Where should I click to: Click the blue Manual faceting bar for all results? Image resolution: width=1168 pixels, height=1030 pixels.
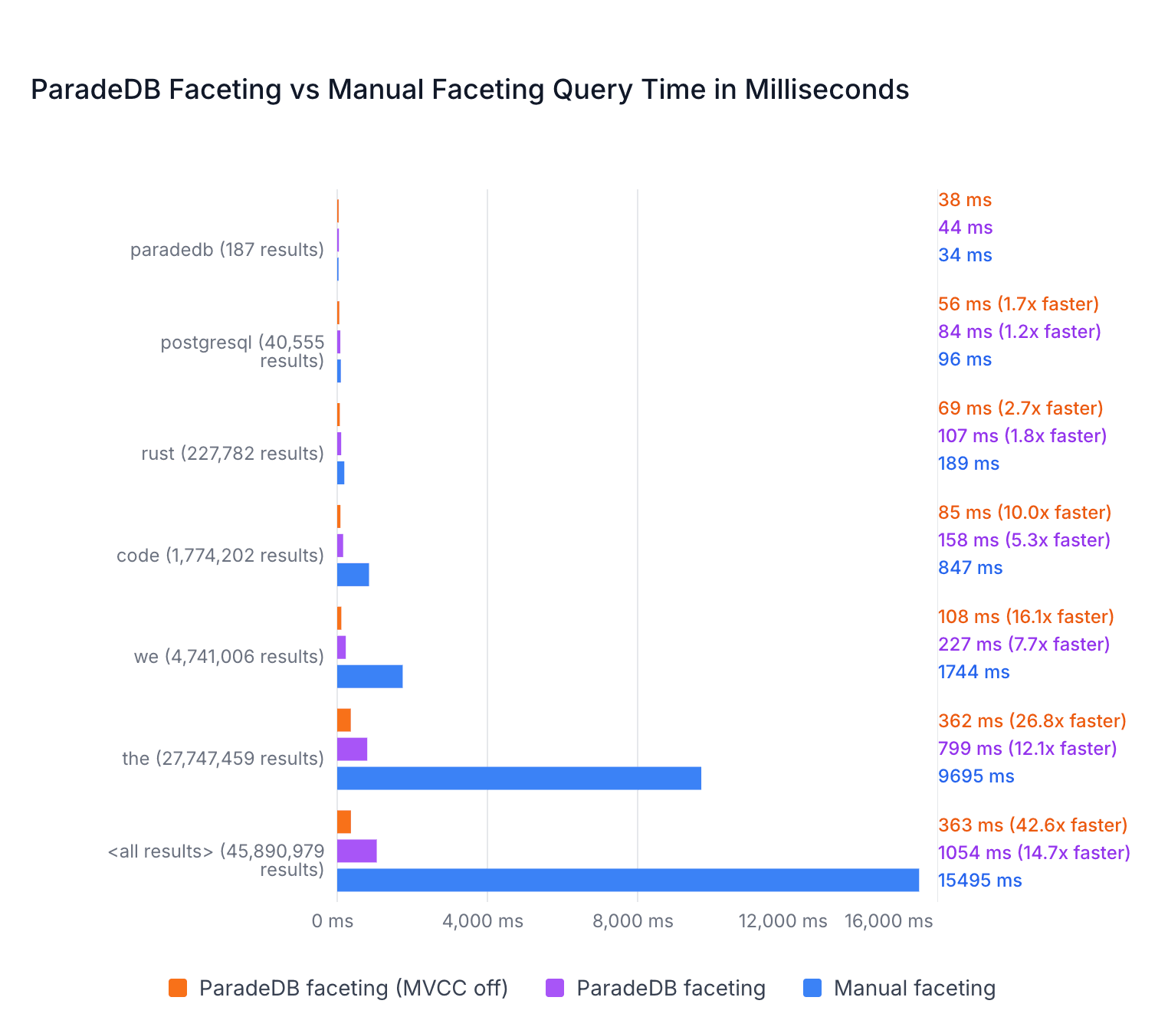pyautogui.click(x=628, y=880)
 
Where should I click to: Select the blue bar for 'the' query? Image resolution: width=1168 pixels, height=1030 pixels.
pyautogui.click(x=519, y=778)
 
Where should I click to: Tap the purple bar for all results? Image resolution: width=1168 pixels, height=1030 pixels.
pyautogui.click(x=357, y=851)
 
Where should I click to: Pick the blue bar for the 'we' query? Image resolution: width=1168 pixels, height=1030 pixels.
pyautogui.click(x=369, y=676)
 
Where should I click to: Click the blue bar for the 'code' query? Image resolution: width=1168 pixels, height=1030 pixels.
pyautogui.click(x=353, y=575)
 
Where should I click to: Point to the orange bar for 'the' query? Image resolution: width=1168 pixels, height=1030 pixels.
pyautogui.click(x=344, y=720)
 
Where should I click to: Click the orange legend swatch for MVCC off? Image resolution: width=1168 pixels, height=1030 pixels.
pyautogui.click(x=178, y=987)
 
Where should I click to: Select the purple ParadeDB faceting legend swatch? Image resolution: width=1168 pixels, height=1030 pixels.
pyautogui.click(x=555, y=987)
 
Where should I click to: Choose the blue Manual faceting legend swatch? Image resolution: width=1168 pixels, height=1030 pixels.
pyautogui.click(x=812, y=987)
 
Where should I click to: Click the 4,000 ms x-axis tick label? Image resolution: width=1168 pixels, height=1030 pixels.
pyautogui.click(x=483, y=921)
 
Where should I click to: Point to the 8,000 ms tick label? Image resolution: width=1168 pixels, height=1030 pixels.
pyautogui.click(x=632, y=921)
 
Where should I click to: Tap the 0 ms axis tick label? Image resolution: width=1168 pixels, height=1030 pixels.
pyautogui.click(x=332, y=921)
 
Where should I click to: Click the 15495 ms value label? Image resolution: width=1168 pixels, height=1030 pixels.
pyautogui.click(x=979, y=880)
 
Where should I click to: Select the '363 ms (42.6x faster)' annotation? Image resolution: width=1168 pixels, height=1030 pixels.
pyautogui.click(x=1032, y=825)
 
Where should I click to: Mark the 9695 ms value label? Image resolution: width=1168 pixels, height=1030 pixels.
pyautogui.click(x=976, y=776)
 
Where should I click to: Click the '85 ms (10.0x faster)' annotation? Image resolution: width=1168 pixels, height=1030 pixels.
pyautogui.click(x=1025, y=513)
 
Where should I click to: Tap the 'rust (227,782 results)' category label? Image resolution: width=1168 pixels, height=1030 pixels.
pyautogui.click(x=232, y=454)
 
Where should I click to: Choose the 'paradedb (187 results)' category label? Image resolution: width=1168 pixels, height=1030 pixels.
pyautogui.click(x=227, y=250)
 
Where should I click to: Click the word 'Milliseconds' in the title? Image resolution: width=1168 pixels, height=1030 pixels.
pyautogui.click(x=827, y=90)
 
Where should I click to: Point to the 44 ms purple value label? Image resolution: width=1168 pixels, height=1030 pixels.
pyautogui.click(x=965, y=227)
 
